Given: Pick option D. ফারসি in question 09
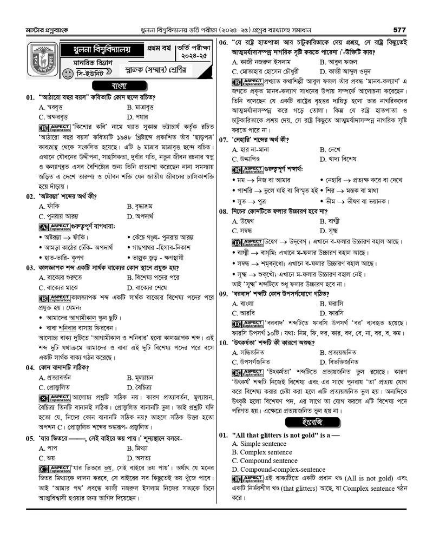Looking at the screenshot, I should tap(333, 313).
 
